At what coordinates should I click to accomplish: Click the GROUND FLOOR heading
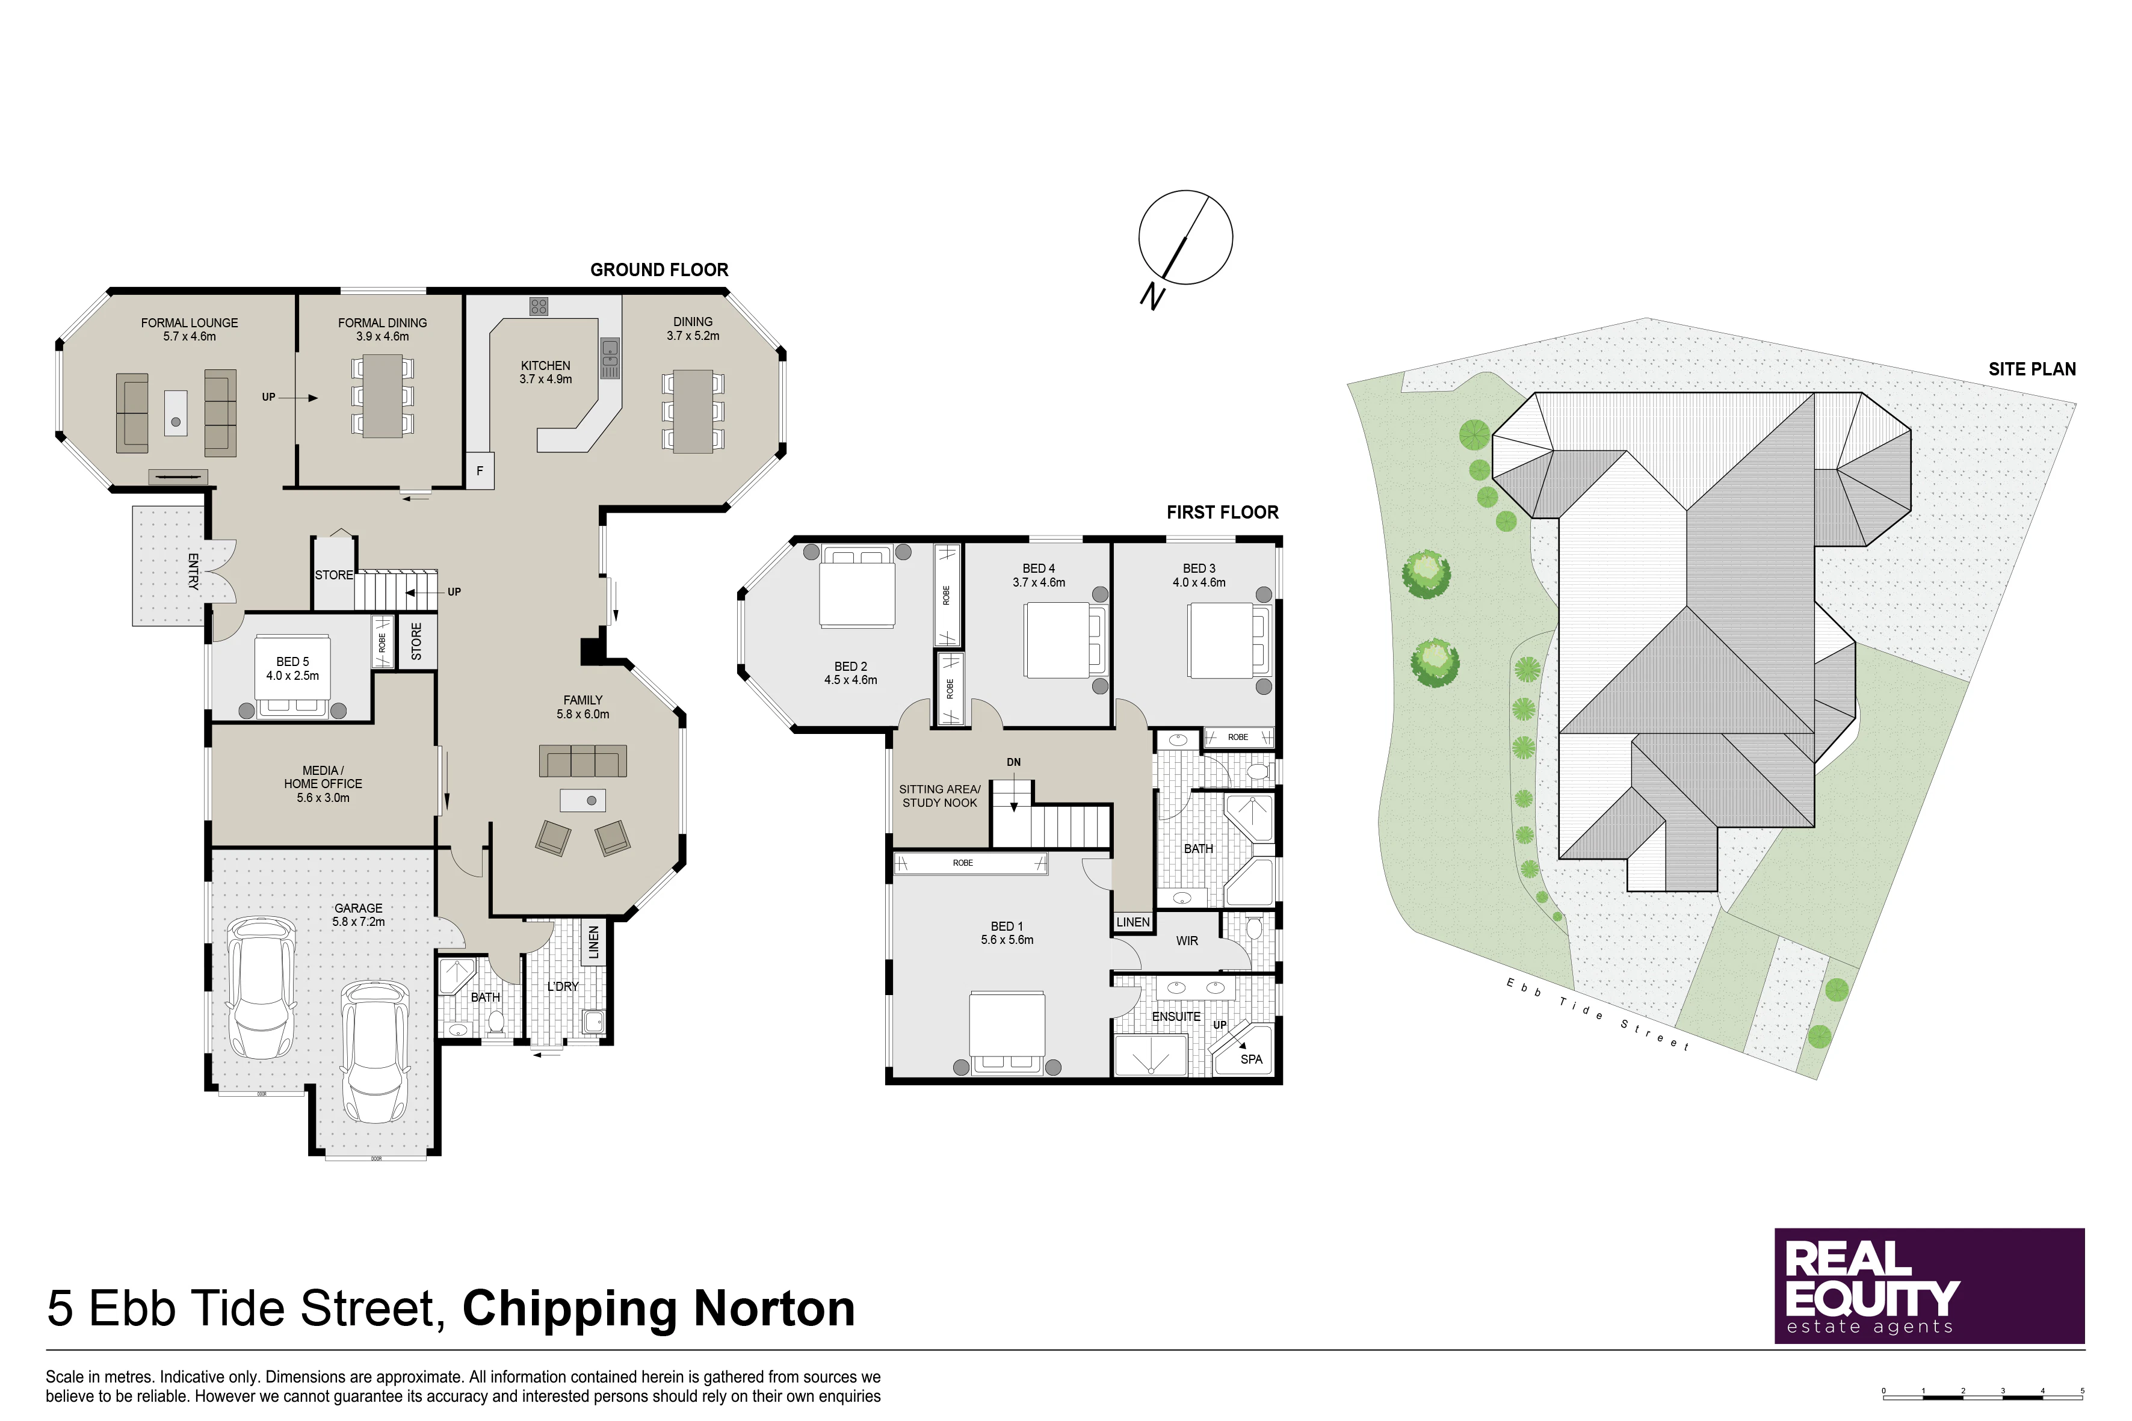click(659, 270)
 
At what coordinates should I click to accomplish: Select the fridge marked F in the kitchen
click(480, 470)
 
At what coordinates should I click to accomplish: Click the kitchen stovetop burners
click(539, 306)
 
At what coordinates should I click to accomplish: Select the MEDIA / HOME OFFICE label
click(323, 784)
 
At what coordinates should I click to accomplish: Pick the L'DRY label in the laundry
click(562, 986)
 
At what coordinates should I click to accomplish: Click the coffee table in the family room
click(583, 800)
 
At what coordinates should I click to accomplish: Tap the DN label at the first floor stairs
click(1013, 762)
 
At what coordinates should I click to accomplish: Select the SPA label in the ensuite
click(1251, 1058)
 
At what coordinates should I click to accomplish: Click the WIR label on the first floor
click(1187, 941)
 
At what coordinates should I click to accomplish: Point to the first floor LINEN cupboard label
click(1133, 922)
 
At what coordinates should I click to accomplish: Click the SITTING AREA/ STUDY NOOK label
click(939, 796)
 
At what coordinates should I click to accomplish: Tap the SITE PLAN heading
click(2032, 369)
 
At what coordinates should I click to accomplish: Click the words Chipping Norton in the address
click(659, 1308)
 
